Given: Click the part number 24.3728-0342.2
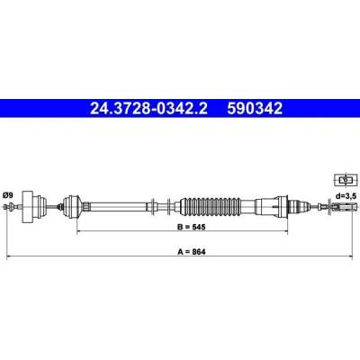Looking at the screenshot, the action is tap(148, 109).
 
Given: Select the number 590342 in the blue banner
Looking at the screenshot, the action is tap(255, 109).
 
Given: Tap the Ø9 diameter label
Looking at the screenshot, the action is tap(8, 195).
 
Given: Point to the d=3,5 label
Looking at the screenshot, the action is tap(346, 196).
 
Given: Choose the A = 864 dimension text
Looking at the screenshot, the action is tap(192, 252).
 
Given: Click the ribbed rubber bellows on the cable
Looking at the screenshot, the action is tap(211, 207).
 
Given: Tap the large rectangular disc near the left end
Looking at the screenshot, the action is tap(28, 207).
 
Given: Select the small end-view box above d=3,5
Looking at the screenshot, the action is tap(345, 180).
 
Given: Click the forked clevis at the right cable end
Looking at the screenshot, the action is tap(345, 207).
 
